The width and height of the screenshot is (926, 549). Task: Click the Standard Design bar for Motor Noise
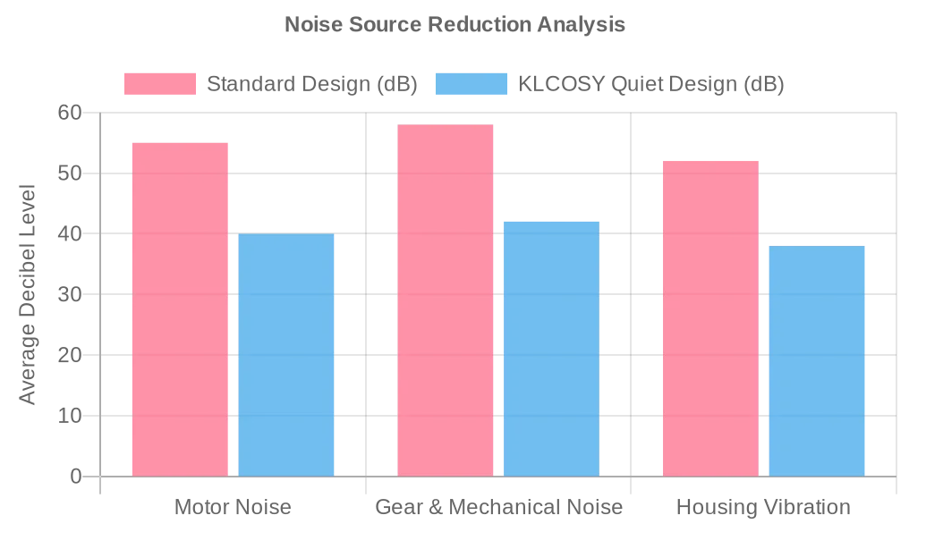pyautogui.click(x=180, y=309)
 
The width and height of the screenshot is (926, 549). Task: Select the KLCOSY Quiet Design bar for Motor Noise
pyautogui.click(x=286, y=355)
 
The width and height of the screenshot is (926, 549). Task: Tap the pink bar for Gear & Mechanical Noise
pyautogui.click(x=446, y=300)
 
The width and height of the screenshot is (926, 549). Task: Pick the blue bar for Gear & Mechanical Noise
pyautogui.click(x=551, y=349)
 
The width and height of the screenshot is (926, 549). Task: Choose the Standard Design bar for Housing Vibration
pyautogui.click(x=710, y=318)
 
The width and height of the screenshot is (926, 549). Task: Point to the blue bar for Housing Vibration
pyautogui.click(x=817, y=361)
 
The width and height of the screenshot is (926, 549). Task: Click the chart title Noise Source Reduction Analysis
pyautogui.click(x=455, y=24)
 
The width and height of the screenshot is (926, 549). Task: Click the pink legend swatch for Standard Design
pyautogui.click(x=160, y=84)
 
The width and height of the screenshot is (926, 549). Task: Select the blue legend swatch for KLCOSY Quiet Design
pyautogui.click(x=471, y=84)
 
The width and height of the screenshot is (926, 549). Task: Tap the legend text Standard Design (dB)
pyautogui.click(x=312, y=84)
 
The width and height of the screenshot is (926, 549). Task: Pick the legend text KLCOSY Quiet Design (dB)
pyautogui.click(x=651, y=84)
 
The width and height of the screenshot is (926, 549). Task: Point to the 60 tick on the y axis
pyautogui.click(x=70, y=113)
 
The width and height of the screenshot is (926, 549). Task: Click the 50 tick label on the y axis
pyautogui.click(x=70, y=173)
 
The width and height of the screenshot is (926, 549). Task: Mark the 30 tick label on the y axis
pyautogui.click(x=70, y=294)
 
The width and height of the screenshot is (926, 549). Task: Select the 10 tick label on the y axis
pyautogui.click(x=70, y=416)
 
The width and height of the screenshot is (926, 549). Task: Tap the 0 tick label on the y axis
pyautogui.click(x=76, y=477)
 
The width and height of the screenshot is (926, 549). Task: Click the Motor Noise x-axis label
pyautogui.click(x=233, y=508)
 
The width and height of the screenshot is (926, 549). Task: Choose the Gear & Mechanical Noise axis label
pyautogui.click(x=498, y=508)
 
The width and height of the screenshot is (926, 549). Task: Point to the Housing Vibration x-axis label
pyautogui.click(x=763, y=508)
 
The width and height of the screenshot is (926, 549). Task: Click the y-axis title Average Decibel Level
pyautogui.click(x=28, y=294)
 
